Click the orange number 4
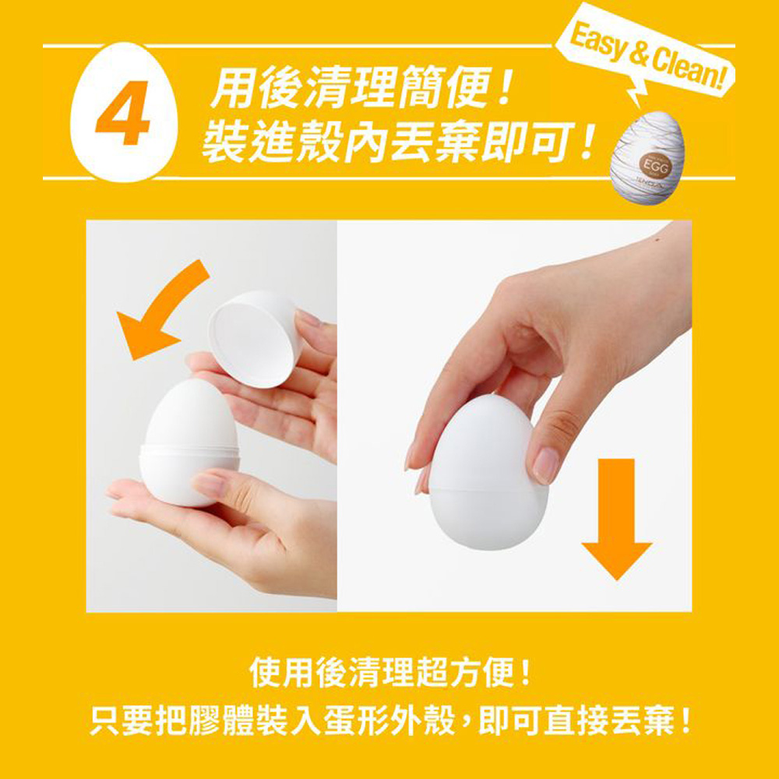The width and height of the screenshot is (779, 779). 123,112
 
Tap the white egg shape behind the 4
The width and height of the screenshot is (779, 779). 124,112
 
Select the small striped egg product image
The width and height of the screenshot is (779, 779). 647,157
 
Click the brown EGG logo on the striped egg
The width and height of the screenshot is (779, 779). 654,164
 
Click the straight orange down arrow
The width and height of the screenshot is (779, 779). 616,519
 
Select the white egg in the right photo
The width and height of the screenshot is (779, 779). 488,472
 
